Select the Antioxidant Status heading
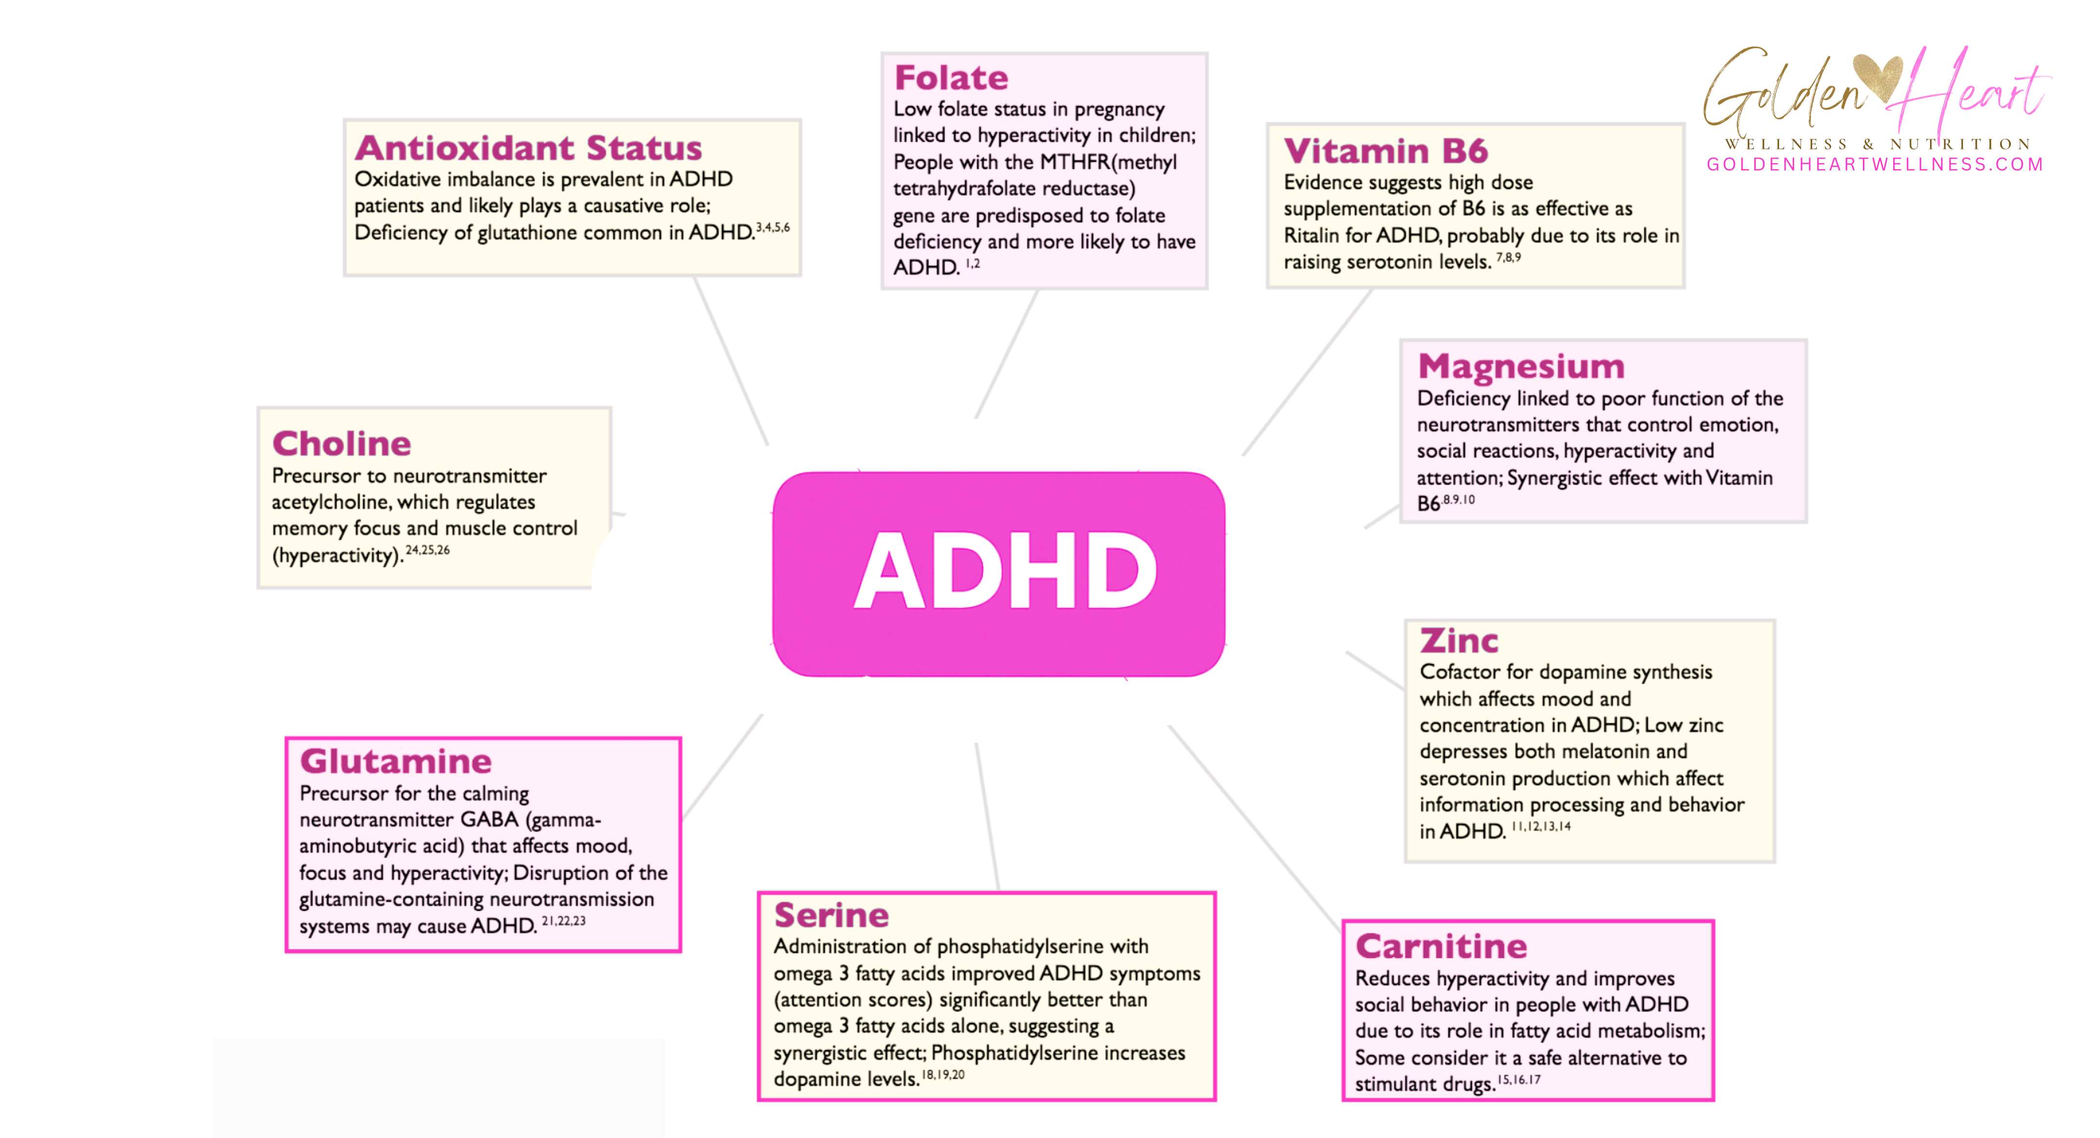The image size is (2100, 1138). point(528,149)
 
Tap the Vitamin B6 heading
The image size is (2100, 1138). point(1385,151)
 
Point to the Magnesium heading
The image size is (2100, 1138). point(1521,367)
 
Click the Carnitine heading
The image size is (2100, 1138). point(1440,947)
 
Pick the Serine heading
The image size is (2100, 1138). point(831,915)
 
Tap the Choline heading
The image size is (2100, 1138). point(342,444)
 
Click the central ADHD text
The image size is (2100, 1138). point(1004,571)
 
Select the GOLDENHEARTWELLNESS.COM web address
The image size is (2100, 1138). point(1875,165)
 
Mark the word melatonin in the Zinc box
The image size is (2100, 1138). point(1610,751)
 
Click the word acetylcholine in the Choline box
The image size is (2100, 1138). point(329,502)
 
